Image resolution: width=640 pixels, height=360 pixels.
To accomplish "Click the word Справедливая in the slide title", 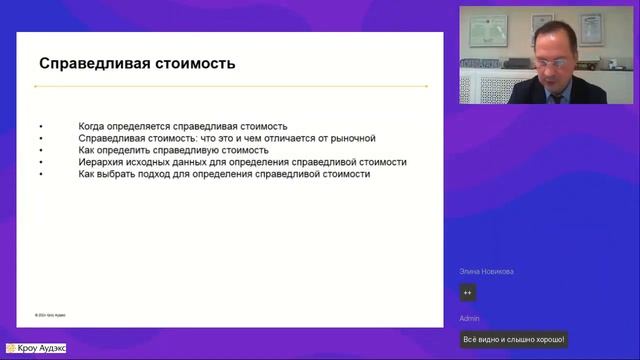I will coord(88,64).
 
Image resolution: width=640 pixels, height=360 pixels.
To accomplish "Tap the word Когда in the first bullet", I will coord(92,127).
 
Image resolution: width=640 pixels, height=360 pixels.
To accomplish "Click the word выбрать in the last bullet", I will coord(128,173).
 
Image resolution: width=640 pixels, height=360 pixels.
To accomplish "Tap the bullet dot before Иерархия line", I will coord(41,161).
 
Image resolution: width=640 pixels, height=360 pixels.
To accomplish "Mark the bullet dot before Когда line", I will coord(41,127).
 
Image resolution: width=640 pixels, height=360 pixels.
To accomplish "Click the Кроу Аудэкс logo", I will coord(37,349).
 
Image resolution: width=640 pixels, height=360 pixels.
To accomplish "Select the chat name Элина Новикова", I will coord(486,272).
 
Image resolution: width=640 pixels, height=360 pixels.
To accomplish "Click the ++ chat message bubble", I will coord(467,293).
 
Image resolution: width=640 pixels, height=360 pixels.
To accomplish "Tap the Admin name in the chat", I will coord(470,318).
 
